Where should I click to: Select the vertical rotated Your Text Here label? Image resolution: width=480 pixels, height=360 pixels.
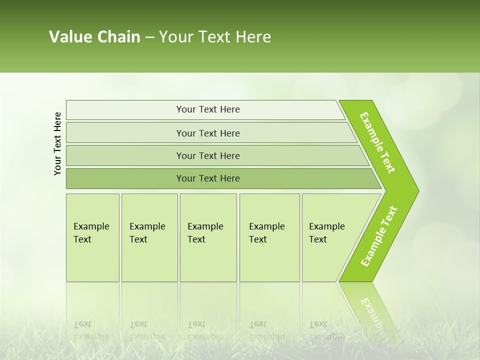[x=57, y=144]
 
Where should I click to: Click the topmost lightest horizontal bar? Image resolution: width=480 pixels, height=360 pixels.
[x=208, y=109]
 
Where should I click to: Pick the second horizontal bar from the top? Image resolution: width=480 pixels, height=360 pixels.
[x=208, y=133]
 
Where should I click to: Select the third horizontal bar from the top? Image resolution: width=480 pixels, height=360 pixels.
[x=208, y=155]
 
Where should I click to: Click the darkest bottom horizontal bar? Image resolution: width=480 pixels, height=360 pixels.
[x=208, y=178]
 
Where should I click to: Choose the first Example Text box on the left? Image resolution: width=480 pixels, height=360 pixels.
[x=92, y=237]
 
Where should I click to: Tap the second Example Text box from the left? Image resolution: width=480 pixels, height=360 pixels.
[x=149, y=237]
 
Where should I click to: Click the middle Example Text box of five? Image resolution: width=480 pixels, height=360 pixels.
[x=207, y=237]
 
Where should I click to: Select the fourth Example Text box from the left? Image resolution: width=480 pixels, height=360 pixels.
[x=269, y=237]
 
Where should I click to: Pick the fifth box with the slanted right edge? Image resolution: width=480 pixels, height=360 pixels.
[x=330, y=237]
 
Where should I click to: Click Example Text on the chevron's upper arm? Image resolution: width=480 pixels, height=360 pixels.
[x=377, y=142]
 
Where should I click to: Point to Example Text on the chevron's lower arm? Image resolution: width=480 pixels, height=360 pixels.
[x=379, y=236]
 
